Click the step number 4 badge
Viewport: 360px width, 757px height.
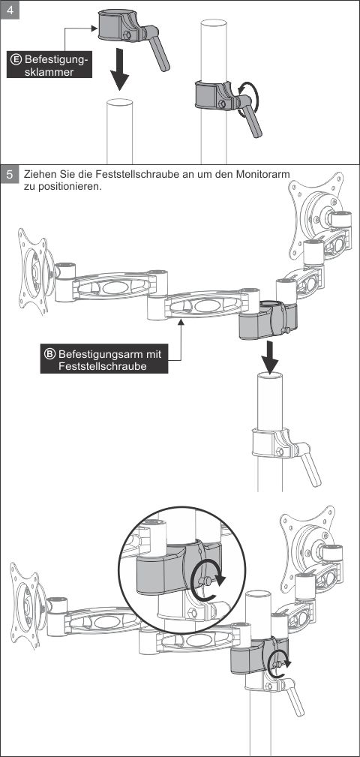pyautogui.click(x=10, y=11)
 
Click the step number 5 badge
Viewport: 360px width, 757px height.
pyautogui.click(x=10, y=174)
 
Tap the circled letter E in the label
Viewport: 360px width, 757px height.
pyautogui.click(x=16, y=60)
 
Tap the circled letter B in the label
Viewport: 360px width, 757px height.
pyautogui.click(x=50, y=354)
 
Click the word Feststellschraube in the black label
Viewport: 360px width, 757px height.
pyautogui.click(x=102, y=366)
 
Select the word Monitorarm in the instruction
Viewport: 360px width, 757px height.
pyautogui.click(x=265, y=174)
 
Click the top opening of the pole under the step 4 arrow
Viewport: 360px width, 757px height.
pyautogui.click(x=120, y=102)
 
